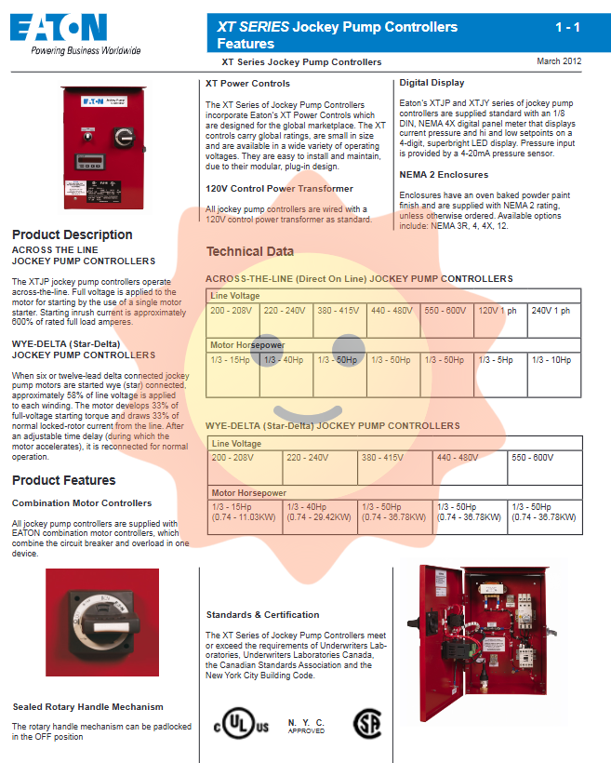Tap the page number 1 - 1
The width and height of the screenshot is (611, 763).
click(x=566, y=28)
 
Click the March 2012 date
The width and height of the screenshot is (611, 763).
click(x=559, y=61)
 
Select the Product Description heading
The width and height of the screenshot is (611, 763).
click(x=72, y=234)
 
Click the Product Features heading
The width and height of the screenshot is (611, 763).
click(x=63, y=480)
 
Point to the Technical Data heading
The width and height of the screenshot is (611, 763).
click(x=249, y=251)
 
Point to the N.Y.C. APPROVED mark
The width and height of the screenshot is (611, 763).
click(x=306, y=726)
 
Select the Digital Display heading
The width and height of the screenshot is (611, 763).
click(x=432, y=83)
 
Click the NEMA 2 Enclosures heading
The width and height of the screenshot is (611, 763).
click(x=443, y=174)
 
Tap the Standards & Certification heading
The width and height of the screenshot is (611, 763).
click(x=262, y=614)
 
